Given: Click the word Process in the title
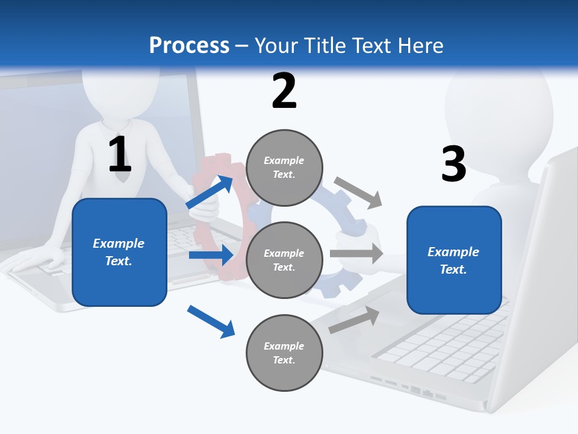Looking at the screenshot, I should [189, 46].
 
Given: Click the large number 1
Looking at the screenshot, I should [120, 155].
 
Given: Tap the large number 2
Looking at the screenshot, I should [284, 92].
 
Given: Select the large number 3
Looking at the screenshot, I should [453, 165].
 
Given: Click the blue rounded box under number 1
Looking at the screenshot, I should [119, 252].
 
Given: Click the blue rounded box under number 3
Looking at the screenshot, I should [454, 260].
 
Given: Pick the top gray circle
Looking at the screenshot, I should [284, 168].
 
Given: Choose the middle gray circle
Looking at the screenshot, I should [284, 260].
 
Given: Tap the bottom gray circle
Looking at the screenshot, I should [284, 353].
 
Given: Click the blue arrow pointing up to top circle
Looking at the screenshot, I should [210, 192].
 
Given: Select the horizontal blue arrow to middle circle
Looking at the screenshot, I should [211, 255].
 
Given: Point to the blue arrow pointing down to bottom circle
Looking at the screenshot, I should [211, 321].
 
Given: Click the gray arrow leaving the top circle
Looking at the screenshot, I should [358, 192].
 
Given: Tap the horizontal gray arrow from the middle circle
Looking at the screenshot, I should [356, 253].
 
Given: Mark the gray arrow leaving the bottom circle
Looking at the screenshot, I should [355, 319].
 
